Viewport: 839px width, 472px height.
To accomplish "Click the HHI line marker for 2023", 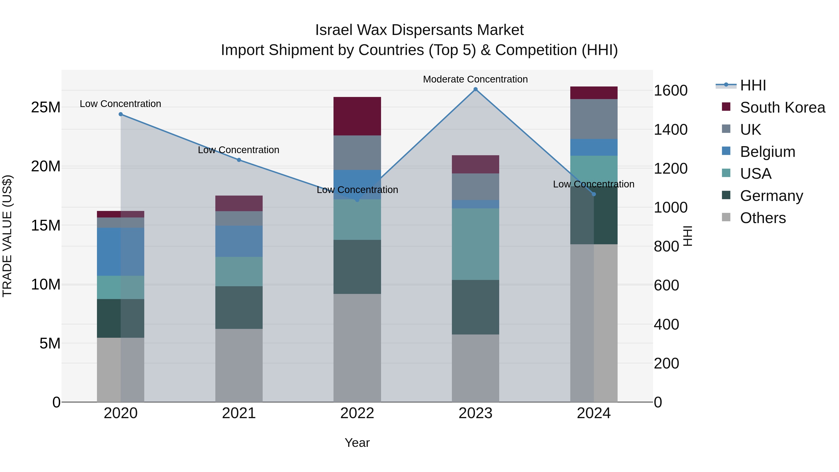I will (475, 89).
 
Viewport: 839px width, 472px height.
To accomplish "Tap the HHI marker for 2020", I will (120, 114).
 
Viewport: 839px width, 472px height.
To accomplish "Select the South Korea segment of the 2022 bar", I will (357, 116).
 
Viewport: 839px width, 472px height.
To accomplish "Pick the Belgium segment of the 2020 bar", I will (120, 252).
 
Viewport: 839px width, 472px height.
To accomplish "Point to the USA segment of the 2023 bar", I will (475, 244).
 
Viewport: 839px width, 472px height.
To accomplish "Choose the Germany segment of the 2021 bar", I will (239, 307).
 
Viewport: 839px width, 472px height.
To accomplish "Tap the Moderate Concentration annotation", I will (475, 79).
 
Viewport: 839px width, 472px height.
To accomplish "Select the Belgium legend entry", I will (767, 152).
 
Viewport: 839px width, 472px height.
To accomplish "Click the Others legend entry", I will (763, 218).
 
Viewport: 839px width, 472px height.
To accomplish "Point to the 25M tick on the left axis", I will (46, 107).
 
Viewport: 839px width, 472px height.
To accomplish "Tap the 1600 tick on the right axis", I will (670, 91).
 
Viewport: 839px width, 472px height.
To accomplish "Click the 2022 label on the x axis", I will (357, 413).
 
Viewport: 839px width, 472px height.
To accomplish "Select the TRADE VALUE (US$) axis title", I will (7, 236).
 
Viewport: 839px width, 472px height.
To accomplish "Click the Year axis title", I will (357, 443).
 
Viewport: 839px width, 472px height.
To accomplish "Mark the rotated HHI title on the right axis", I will (687, 236).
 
